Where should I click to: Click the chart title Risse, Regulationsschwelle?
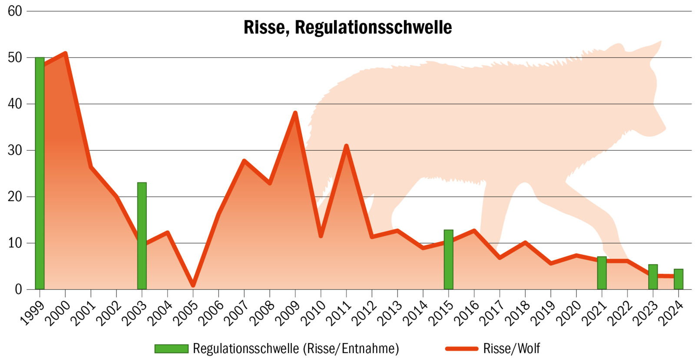pos(347,27)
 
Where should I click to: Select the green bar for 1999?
pos(40,174)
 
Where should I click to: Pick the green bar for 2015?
pos(448,260)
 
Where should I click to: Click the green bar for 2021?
pos(602,273)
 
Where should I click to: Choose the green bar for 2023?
pos(653,277)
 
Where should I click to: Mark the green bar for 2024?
pos(678,279)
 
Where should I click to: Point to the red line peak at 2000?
pos(65,53)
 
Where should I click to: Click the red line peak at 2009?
pos(295,113)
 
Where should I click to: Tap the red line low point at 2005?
pos(193,285)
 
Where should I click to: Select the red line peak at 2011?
pos(346,146)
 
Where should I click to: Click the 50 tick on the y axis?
pos(15,58)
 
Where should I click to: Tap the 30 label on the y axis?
pos(15,150)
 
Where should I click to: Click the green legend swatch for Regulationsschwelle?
pos(172,349)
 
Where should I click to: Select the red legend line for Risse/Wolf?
pos(462,349)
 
